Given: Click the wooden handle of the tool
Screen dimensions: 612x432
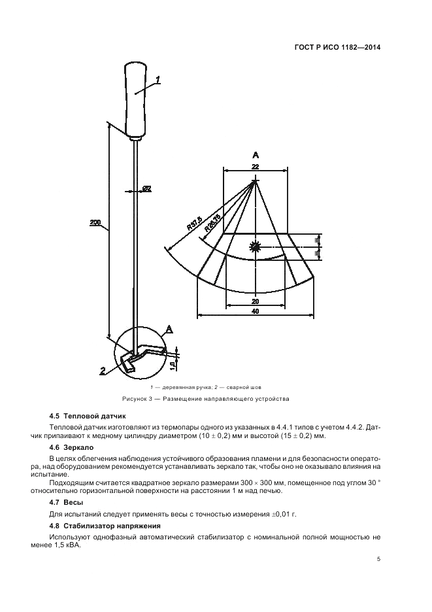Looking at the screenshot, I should click(x=135, y=98).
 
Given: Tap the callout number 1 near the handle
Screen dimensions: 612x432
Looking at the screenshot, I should click(x=158, y=80).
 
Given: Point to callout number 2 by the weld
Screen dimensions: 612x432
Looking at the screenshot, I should click(x=103, y=371).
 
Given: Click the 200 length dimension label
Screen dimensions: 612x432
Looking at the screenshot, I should click(x=95, y=223).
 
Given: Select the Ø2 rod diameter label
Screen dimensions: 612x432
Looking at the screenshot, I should click(x=146, y=189).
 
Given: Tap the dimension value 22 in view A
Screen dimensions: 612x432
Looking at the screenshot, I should click(x=255, y=167).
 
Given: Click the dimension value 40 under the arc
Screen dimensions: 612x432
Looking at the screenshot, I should click(x=255, y=312).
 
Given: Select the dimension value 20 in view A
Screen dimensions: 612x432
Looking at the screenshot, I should click(x=255, y=301).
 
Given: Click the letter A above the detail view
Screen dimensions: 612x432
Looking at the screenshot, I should click(x=256, y=154).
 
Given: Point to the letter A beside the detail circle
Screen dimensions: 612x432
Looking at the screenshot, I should click(x=169, y=330).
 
